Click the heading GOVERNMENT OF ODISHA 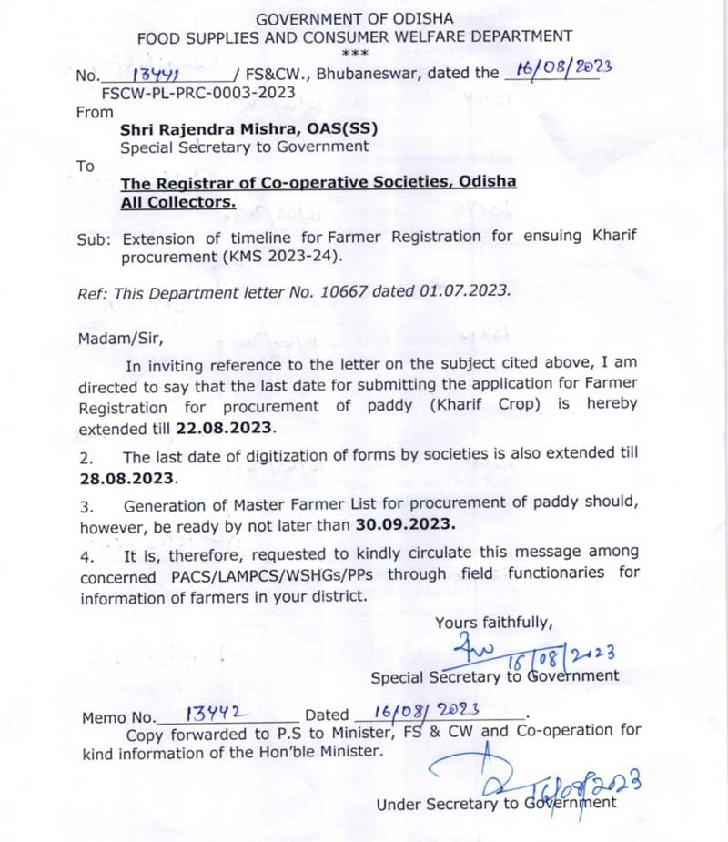click(x=354, y=18)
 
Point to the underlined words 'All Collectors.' click(x=177, y=202)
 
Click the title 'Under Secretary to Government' click(x=496, y=804)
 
